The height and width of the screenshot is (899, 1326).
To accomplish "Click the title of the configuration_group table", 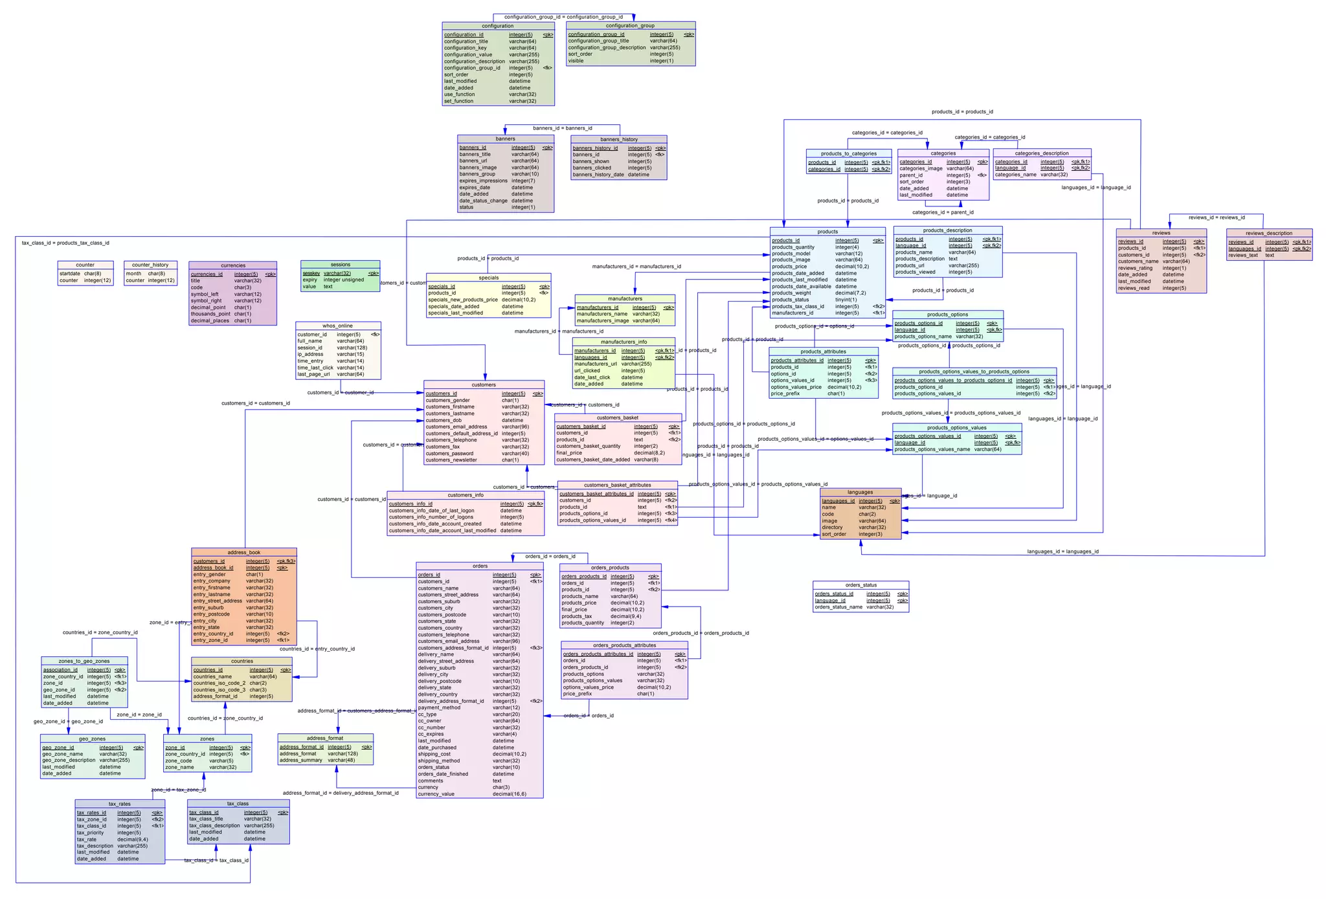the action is pos(630,26).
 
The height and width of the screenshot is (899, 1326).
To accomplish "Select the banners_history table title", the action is pos(618,139).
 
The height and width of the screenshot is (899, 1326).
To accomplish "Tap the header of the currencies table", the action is pos(232,265).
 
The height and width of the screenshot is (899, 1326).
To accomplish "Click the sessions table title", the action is pos(340,265).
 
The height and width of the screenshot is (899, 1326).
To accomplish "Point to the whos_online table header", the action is pos(337,326).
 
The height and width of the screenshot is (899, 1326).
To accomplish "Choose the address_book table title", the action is pos(243,553).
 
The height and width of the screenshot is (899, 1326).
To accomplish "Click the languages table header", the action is pos(860,493).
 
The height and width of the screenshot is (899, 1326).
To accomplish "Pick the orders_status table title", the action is pos(860,585).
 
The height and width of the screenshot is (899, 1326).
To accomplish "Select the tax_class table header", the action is pos(238,804).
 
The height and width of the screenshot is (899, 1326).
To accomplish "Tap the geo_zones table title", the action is pos(92,739).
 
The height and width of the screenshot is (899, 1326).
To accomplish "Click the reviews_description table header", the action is pos(1268,233).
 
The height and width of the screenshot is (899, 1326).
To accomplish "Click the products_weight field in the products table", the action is pos(791,293).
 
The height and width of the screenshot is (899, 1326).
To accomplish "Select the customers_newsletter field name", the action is pos(451,460).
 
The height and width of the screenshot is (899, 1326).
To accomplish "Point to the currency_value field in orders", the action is pos(436,794).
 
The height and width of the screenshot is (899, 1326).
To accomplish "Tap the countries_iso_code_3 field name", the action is pos(219,690).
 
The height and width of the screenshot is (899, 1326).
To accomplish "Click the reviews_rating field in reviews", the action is pos(1135,268).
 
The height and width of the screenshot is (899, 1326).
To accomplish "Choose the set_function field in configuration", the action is pos(458,102).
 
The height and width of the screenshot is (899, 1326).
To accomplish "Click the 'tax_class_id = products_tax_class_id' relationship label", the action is pos(65,243).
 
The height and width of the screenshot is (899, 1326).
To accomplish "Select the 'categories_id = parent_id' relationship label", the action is pos(942,212).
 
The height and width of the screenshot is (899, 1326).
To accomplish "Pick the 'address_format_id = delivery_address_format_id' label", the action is pos(341,793).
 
